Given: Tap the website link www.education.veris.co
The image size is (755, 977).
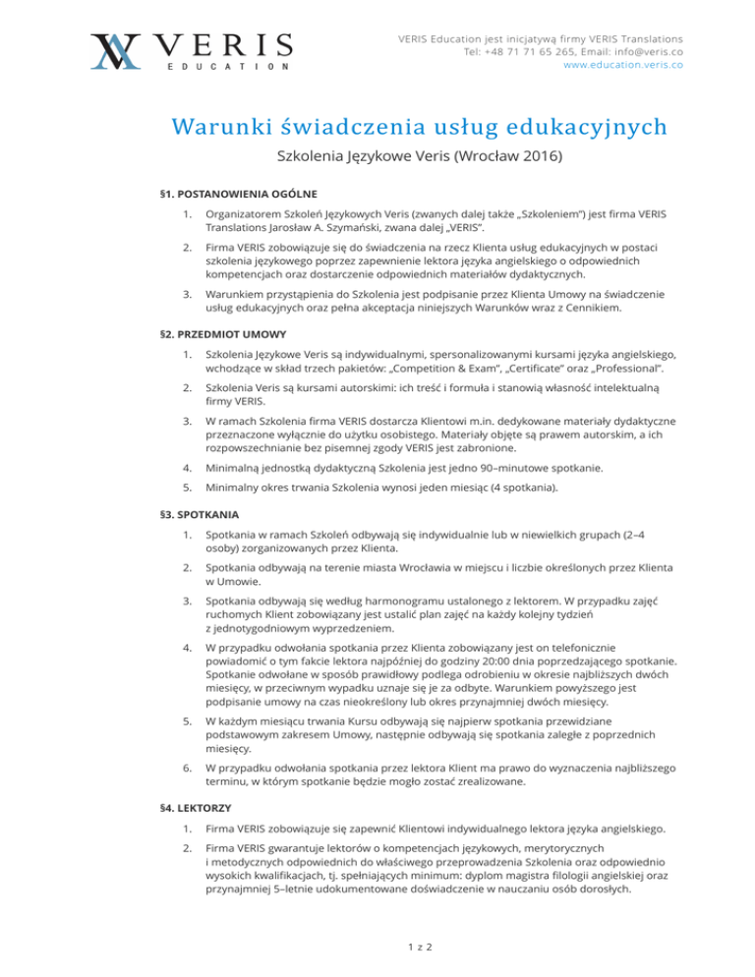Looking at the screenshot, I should point(622,65).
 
